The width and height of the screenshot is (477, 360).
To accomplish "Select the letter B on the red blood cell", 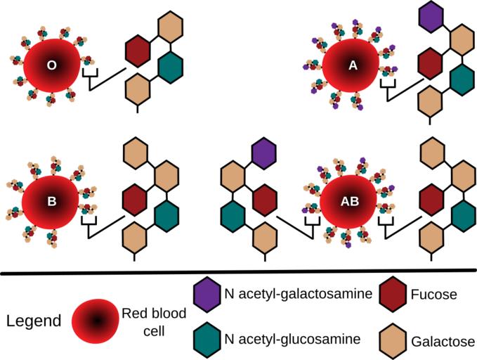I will [51, 202].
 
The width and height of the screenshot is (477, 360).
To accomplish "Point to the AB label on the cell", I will [350, 202].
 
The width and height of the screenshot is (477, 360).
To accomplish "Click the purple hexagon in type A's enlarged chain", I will [431, 16].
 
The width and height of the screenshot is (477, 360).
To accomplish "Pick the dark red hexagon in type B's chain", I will [134, 198].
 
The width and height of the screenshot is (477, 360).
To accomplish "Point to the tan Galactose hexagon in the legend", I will [393, 338].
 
